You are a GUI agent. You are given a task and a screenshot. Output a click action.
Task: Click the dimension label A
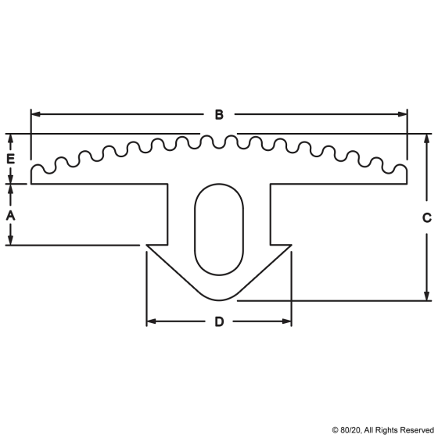[x=10, y=215]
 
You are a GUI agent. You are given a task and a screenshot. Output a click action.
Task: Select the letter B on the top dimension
[x=219, y=115]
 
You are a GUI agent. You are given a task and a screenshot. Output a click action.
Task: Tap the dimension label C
[x=427, y=218]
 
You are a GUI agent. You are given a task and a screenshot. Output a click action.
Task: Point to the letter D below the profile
[x=219, y=321]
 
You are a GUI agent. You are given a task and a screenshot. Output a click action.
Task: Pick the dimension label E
[x=10, y=159]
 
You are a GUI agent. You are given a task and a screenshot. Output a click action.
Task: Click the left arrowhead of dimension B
[x=35, y=115]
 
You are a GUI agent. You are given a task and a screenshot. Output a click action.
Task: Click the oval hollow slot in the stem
[x=219, y=229]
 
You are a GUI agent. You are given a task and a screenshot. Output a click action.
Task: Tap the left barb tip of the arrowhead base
[x=148, y=247]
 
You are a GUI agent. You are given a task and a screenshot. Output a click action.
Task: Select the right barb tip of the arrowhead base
[x=291, y=247]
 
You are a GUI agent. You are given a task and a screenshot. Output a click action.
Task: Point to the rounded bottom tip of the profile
[x=219, y=300]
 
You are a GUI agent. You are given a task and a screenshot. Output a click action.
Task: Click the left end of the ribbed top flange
[x=32, y=175]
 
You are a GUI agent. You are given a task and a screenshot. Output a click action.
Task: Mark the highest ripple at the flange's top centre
[x=219, y=138]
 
